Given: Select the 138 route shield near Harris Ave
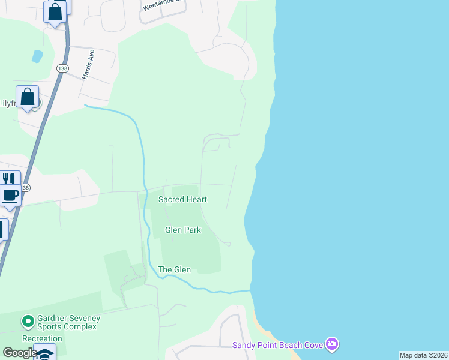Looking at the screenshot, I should pos(62,68).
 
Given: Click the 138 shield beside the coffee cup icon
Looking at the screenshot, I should pos(25,188).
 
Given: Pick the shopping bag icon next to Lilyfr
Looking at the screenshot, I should pos(28,97).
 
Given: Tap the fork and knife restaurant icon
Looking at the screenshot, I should pos(8,179).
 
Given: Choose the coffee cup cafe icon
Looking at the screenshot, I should pos(10,195).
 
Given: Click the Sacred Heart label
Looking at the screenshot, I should pos(182,199).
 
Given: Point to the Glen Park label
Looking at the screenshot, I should pos(182,230).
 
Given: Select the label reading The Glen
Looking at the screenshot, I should pos(174,269).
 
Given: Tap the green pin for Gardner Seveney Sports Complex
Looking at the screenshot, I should pos(27,322).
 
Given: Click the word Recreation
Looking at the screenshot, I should pos(42,338).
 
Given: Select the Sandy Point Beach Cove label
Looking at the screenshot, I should pos(277,344).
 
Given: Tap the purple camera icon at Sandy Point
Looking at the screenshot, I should pos(331,344).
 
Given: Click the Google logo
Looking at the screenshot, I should pos(20,353).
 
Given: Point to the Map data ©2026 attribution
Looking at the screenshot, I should pos(424,355).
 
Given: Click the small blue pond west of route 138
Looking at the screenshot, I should pos(37,56).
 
